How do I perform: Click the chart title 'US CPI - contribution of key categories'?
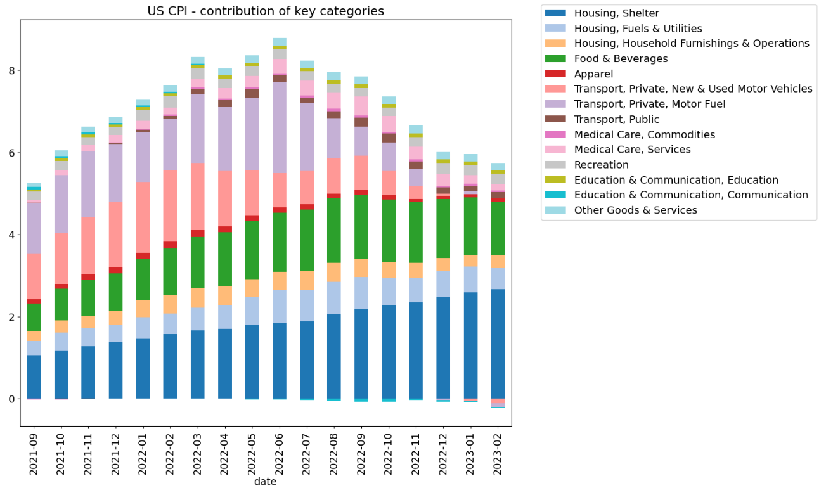click(x=266, y=11)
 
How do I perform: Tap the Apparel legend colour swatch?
click(x=556, y=74)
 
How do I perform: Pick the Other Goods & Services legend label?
click(x=635, y=210)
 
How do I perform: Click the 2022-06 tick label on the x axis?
click(x=280, y=453)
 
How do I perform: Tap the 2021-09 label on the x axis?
click(x=34, y=453)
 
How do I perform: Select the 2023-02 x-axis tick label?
click(x=498, y=453)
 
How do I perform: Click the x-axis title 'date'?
click(x=266, y=482)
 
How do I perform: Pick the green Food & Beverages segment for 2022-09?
click(x=361, y=227)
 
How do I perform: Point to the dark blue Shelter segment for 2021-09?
click(x=34, y=376)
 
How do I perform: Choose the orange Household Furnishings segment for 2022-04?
click(x=225, y=295)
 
